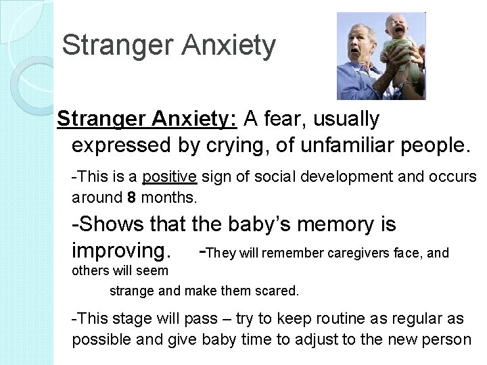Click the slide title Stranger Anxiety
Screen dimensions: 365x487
(x=168, y=46)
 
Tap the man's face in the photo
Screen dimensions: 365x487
(x=358, y=45)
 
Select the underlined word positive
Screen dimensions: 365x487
(x=168, y=177)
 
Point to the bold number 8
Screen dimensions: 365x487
(x=131, y=199)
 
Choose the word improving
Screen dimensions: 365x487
(x=118, y=251)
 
